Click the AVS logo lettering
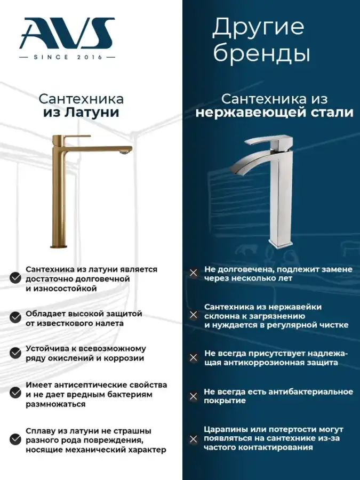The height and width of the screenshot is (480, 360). click(x=67, y=34)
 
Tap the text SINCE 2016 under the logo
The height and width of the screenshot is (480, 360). click(x=68, y=57)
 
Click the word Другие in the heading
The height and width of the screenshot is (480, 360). click(x=258, y=28)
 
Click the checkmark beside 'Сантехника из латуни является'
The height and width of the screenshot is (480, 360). click(x=15, y=278)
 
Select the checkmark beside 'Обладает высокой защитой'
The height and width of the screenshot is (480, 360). click(x=15, y=317)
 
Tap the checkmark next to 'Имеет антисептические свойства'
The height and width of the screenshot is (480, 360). click(x=15, y=393)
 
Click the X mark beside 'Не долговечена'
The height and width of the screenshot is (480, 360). click(x=194, y=273)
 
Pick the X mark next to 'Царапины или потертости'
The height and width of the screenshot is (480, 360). click(x=194, y=439)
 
